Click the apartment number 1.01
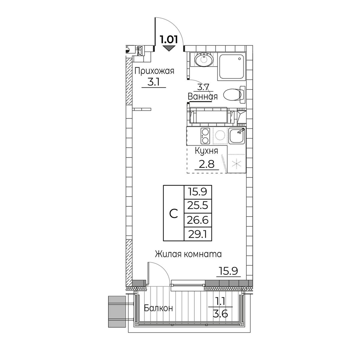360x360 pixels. pos(169,40)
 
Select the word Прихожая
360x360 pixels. pos(154,71)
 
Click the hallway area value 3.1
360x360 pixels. pos(153,82)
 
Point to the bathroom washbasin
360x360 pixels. pos(204,59)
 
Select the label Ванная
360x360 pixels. pos(202,96)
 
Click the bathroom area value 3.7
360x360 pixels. pos(203,87)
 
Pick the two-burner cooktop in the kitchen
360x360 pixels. pos(205,136)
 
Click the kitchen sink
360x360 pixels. pos(237,136)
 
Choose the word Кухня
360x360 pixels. pos(206,152)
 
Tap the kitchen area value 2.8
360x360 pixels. pos(207,164)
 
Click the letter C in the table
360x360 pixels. pos(174,214)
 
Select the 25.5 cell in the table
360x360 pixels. pos(198,206)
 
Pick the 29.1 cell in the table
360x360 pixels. pos(198,234)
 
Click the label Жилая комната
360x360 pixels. pos(188,254)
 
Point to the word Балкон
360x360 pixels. pos(158,308)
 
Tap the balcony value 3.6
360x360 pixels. pos(220,314)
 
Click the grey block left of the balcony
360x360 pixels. pos(117,311)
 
